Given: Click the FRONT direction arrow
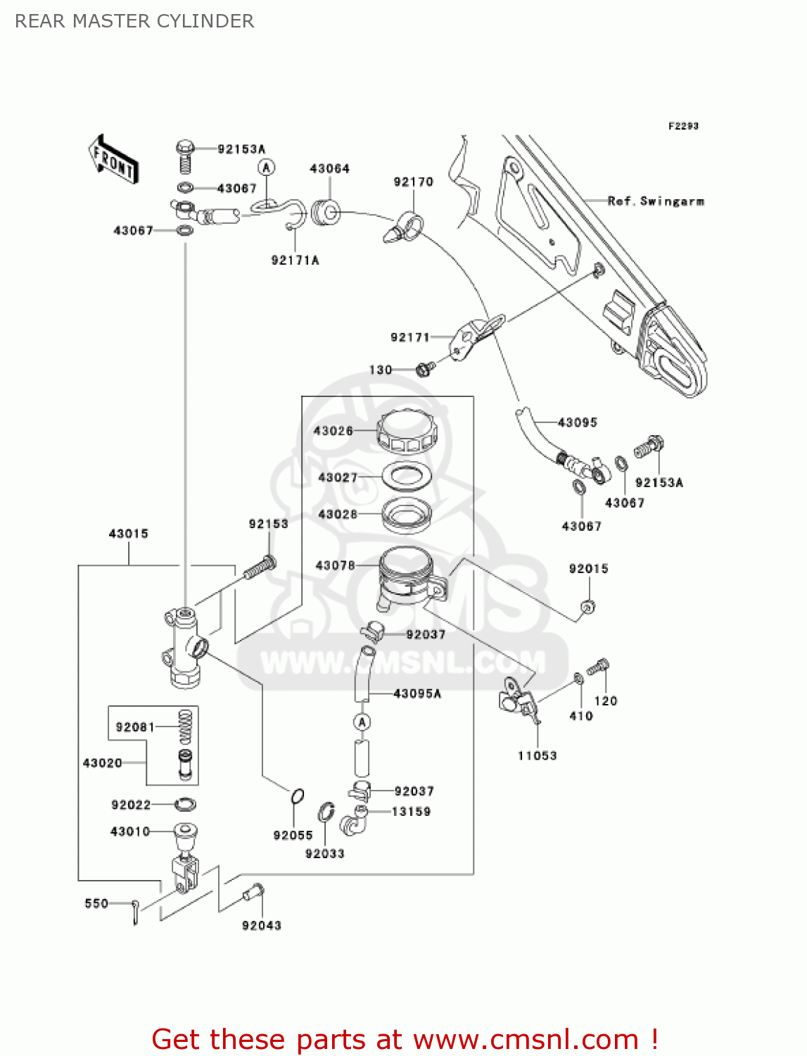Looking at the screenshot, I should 113,160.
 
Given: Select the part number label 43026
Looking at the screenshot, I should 333,431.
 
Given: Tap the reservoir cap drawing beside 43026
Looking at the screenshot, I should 407,432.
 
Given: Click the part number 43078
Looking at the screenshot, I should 335,565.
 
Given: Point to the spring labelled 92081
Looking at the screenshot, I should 185,727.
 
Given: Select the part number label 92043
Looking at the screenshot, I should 261,926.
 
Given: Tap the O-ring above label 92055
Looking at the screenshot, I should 297,796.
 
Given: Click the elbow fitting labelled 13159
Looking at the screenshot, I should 354,821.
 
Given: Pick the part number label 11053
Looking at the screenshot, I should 537,756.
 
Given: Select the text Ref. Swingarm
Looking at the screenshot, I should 655,201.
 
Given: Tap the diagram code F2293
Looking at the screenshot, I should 682,126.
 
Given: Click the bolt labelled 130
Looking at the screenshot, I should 424,369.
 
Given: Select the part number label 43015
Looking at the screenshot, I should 128,534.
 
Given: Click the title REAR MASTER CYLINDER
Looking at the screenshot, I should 134,21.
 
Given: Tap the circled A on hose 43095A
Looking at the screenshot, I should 362,722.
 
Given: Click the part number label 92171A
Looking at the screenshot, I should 295,260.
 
